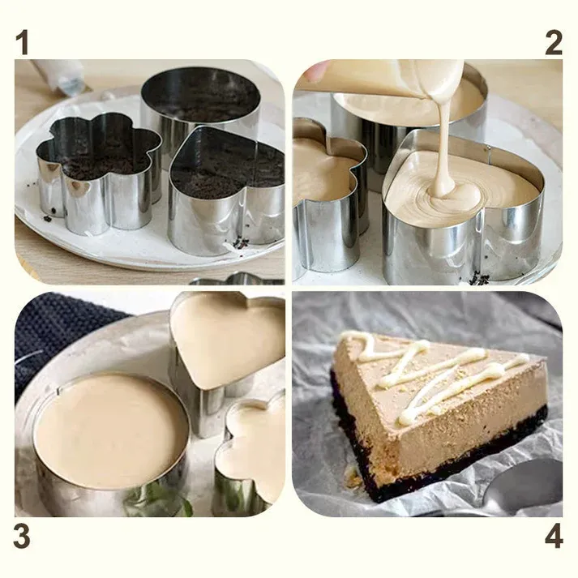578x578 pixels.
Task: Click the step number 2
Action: [x=554, y=42]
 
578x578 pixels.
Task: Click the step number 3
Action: [x=24, y=537]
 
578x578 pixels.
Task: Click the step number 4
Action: [x=554, y=537]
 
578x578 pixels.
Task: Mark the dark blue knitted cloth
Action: [x=57, y=332]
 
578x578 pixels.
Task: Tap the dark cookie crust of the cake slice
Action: [x=438, y=462]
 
